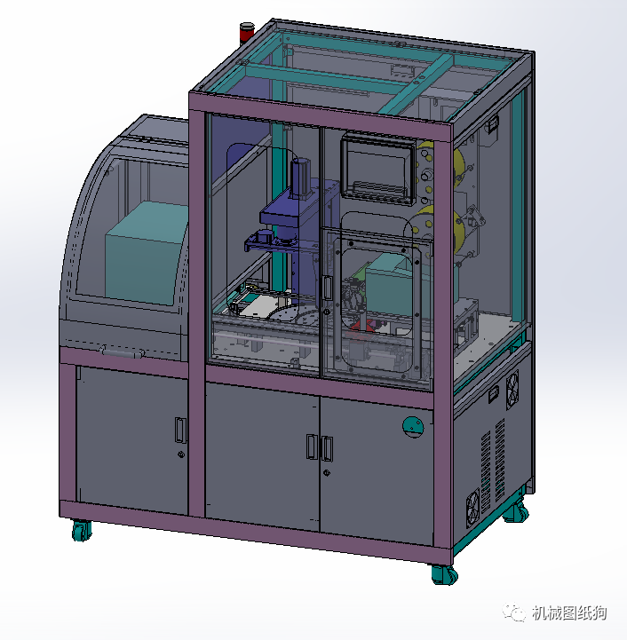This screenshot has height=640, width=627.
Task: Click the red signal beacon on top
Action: click(246, 31)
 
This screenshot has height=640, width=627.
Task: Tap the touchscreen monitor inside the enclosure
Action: click(378, 170)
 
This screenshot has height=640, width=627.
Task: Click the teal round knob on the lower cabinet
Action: click(413, 427)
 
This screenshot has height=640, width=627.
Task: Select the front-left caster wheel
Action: click(82, 530)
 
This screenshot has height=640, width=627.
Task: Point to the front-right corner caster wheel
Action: click(444, 574)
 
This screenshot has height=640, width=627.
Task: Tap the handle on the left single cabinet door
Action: click(180, 431)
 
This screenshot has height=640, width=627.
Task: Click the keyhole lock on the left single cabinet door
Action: click(181, 454)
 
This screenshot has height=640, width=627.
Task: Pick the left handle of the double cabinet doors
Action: click(312, 446)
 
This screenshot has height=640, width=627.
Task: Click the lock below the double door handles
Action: click(326, 473)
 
